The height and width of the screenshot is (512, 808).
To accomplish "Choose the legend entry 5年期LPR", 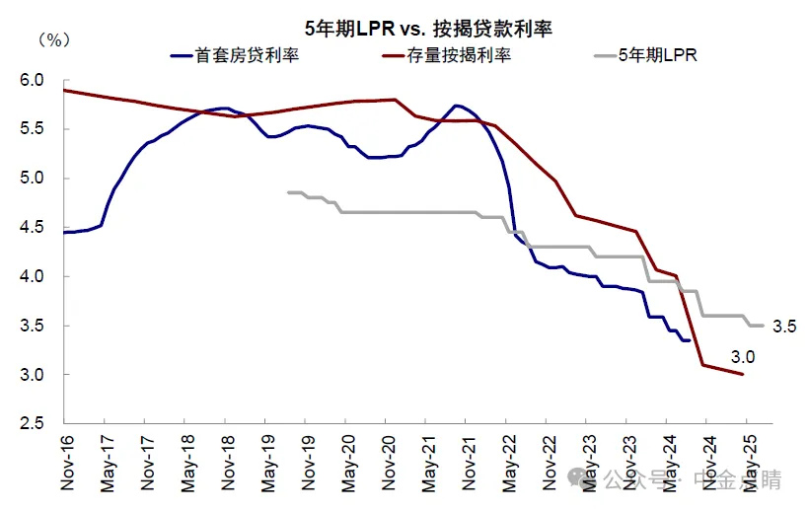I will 658,55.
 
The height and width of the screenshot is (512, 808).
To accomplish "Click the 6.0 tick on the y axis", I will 37,80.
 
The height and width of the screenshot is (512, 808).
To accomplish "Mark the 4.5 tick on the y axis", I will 37,228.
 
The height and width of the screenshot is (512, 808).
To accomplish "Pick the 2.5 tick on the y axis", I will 37,424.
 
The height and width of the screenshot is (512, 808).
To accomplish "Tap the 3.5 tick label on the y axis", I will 37,327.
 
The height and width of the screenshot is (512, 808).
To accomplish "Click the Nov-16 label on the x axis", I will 65,464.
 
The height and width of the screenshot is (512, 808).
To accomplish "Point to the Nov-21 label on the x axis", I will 467,464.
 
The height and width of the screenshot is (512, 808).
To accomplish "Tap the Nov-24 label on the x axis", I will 707,464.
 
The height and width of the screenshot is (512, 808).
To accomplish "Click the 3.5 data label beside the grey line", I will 783,326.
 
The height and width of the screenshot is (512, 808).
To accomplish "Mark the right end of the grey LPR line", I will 763,325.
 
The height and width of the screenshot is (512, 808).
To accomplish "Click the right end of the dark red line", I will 742,374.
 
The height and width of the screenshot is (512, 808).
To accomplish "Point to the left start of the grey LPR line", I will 288,192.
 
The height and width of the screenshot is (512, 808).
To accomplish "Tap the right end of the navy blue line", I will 689,339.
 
